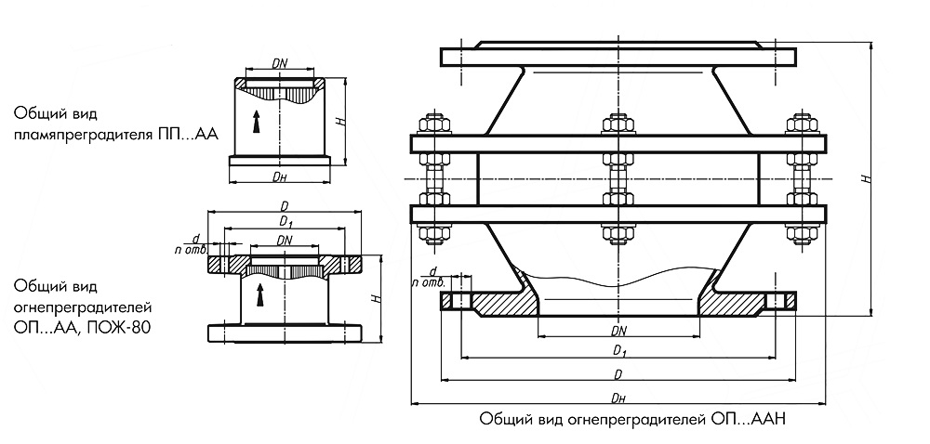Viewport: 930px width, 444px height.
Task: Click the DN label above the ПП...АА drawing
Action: click(x=280, y=63)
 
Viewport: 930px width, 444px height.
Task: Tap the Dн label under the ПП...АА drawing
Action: click(x=279, y=176)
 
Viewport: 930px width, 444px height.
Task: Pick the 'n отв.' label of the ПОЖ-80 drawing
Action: click(x=190, y=249)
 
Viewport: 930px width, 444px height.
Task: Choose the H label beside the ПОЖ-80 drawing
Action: click(x=374, y=298)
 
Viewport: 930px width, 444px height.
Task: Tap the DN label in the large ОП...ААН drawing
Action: click(x=618, y=331)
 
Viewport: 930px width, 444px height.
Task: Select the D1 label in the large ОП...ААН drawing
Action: click(x=617, y=350)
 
